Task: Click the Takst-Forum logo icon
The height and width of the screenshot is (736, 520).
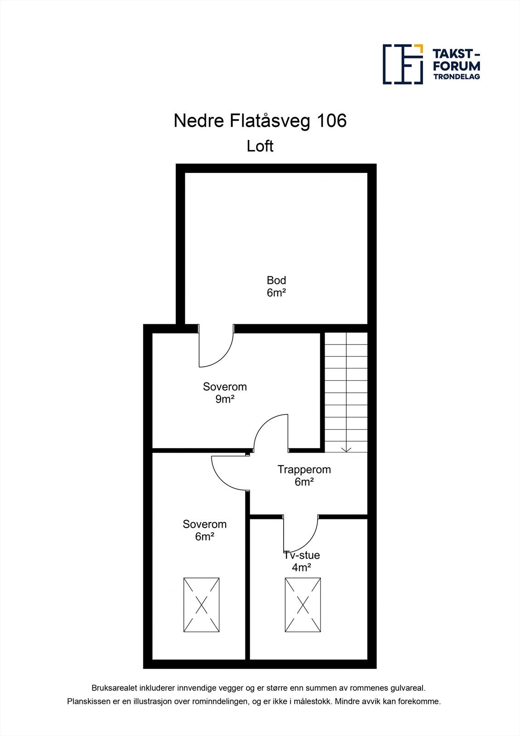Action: (403, 64)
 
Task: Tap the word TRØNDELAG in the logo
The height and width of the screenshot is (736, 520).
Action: (457, 77)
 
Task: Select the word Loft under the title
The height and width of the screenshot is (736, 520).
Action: (260, 146)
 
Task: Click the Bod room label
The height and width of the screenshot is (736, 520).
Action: (276, 280)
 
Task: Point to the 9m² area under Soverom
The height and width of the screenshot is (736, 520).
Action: (225, 399)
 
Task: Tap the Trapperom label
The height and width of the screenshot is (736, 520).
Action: (304, 470)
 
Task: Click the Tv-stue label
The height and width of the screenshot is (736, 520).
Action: (302, 555)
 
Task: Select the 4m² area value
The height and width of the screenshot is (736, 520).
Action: (302, 568)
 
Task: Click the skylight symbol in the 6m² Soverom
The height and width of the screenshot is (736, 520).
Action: (201, 605)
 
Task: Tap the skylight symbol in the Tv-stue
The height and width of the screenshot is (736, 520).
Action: (303, 605)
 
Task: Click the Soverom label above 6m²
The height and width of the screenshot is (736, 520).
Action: (205, 524)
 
